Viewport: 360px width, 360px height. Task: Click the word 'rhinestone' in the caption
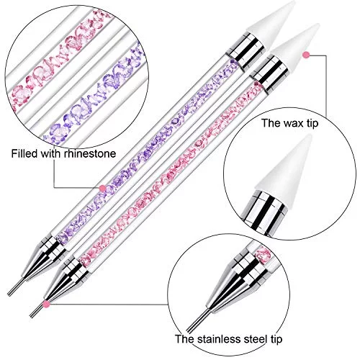coord(90,153)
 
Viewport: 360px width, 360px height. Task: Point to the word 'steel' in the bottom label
coord(256,339)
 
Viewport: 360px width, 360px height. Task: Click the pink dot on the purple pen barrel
coord(102,188)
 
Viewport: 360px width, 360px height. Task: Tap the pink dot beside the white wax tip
coord(306,55)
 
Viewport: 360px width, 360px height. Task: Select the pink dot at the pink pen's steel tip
coord(47,305)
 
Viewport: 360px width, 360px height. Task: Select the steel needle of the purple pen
coord(17,287)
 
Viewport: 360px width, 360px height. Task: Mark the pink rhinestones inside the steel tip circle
coord(263,253)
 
